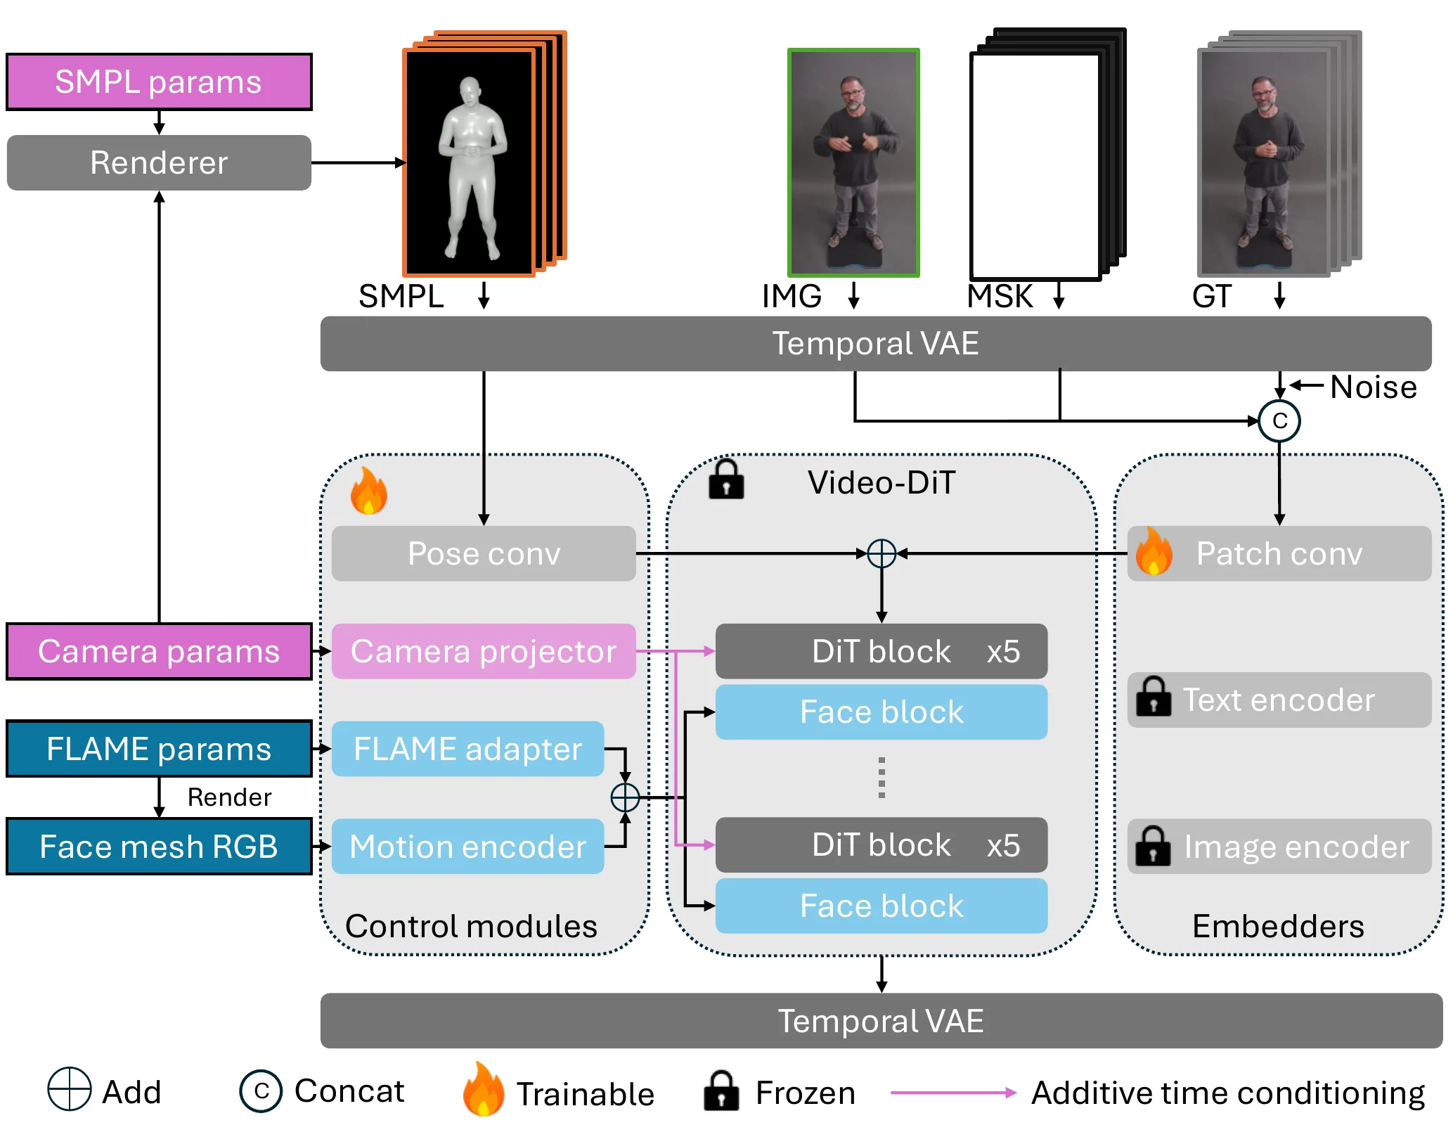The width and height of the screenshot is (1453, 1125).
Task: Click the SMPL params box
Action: point(159,82)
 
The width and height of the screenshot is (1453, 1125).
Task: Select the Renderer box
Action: point(159,162)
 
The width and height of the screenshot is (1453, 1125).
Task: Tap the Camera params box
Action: point(159,651)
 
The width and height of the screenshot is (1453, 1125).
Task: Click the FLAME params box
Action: point(159,749)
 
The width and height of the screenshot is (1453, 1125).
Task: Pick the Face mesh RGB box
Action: point(159,847)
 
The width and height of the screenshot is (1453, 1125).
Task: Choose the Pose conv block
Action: point(484,553)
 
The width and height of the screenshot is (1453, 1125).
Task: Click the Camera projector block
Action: point(484,651)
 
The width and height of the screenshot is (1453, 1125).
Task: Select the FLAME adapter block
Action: point(467,749)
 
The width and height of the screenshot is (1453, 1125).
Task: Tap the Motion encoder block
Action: point(467,847)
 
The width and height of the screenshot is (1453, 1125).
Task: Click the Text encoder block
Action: point(1279,700)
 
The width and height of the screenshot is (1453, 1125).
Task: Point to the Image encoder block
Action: point(1279,847)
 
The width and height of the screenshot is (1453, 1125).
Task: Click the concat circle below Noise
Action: point(1279,421)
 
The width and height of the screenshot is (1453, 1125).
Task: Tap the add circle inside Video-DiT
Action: point(882,553)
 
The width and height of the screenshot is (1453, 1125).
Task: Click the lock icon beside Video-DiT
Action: point(726,480)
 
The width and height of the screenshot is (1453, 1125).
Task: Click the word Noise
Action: point(1374,387)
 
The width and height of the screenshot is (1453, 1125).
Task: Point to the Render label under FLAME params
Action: point(229,797)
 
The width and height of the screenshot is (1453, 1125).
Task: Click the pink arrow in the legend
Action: point(953,1093)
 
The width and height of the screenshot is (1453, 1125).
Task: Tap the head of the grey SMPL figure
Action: point(470,91)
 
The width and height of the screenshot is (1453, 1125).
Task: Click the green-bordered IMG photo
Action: point(853,162)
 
